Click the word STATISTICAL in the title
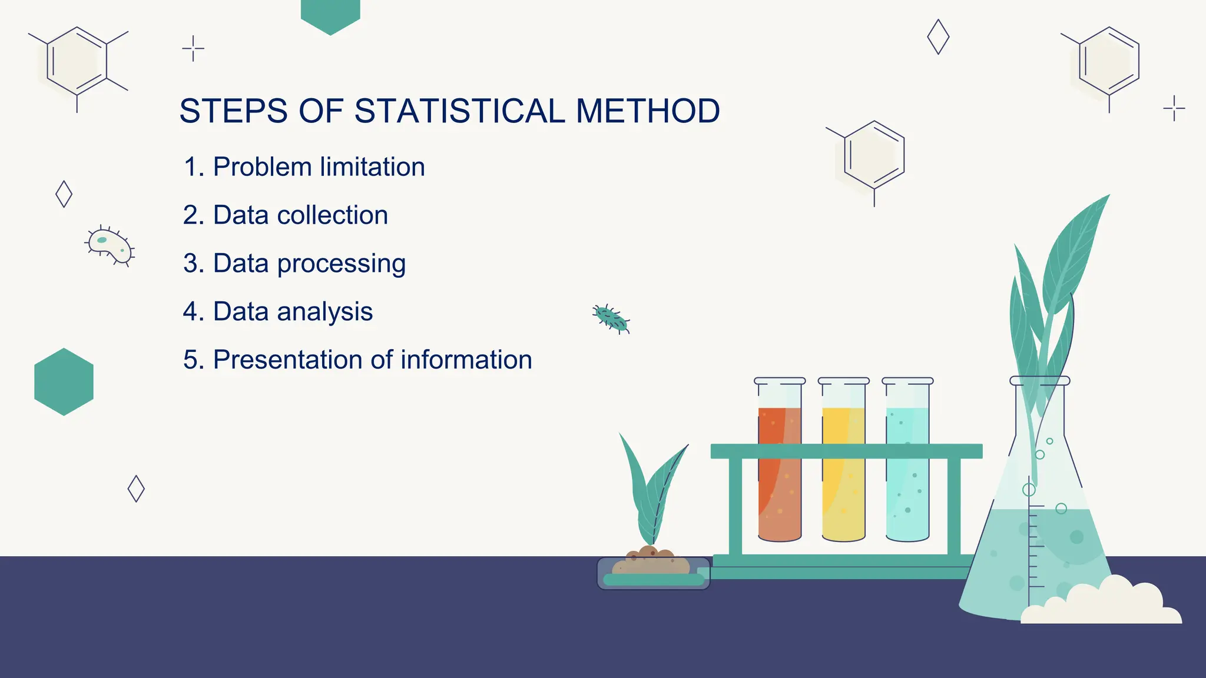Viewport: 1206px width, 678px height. [459, 111]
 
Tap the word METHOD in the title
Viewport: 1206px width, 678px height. [648, 111]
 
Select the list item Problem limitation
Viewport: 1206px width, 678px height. [304, 167]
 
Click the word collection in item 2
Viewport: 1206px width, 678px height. [332, 215]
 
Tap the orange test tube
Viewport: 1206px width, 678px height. [780, 471]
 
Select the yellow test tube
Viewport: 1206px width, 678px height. [843, 471]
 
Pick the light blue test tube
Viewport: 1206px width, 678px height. [907, 471]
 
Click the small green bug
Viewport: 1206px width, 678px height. [611, 318]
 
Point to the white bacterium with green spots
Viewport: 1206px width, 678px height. [110, 245]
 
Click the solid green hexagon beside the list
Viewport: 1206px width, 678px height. [64, 381]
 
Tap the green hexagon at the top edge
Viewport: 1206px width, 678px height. [330, 14]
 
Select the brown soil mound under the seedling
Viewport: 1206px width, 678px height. [650, 562]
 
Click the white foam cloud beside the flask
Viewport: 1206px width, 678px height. [1101, 603]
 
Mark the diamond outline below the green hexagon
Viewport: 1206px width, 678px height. [136, 488]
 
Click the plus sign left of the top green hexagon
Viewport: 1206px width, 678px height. [193, 48]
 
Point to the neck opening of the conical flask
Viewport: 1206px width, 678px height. [1039, 381]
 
